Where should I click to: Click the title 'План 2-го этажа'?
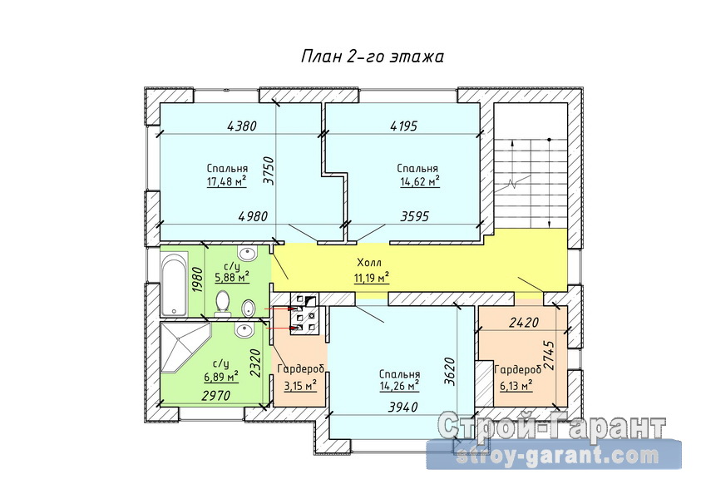(x=373, y=57)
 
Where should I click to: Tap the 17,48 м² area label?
(x=226, y=181)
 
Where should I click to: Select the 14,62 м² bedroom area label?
(x=420, y=181)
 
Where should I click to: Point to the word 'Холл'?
(x=368, y=262)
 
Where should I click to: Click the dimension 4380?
(x=242, y=126)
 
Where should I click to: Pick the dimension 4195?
(x=403, y=126)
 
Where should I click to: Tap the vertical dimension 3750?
(x=269, y=170)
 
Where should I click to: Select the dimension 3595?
(x=415, y=216)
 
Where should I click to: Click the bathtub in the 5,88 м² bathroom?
(x=175, y=284)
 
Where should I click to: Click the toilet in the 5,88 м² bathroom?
(x=222, y=303)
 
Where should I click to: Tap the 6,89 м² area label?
(x=220, y=375)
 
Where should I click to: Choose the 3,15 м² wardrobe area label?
(x=300, y=386)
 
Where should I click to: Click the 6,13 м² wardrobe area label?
(x=516, y=386)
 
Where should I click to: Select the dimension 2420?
(x=524, y=323)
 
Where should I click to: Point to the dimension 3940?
(x=402, y=408)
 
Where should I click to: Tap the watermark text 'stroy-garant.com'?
(x=557, y=456)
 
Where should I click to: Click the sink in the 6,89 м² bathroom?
(x=244, y=330)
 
